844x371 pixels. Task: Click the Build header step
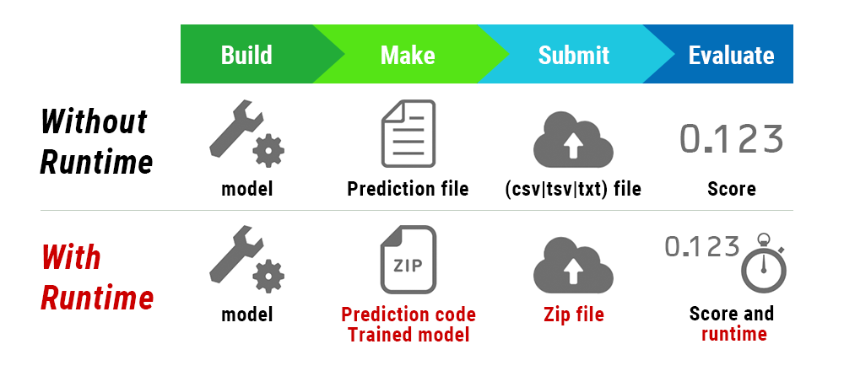246,55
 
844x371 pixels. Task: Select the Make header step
408,55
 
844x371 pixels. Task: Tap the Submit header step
573,55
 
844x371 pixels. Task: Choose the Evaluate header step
731,55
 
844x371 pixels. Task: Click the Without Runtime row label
95,141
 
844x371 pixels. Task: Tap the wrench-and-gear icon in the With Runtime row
246,264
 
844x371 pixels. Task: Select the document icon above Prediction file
408,133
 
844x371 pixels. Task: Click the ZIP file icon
408,261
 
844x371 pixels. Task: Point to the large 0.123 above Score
731,139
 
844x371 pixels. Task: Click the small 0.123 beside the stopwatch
701,247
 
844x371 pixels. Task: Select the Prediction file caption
408,189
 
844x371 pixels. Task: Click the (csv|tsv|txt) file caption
573,189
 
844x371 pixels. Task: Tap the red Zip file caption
573,315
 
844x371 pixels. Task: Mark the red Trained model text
408,334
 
